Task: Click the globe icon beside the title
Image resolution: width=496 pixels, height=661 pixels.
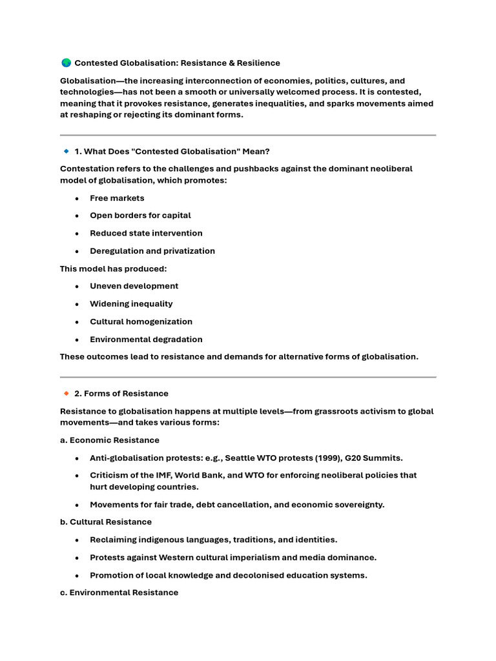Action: click(x=66, y=63)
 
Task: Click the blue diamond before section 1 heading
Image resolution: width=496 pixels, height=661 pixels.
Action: click(x=66, y=151)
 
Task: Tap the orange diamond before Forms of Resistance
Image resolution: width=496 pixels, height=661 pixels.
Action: click(x=66, y=393)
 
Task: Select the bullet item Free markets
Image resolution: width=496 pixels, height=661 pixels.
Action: click(x=117, y=198)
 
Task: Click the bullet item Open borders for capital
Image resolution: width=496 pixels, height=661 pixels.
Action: click(x=140, y=216)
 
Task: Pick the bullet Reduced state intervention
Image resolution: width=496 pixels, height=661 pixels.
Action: click(x=146, y=233)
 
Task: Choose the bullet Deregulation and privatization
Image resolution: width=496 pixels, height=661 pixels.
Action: click(x=152, y=251)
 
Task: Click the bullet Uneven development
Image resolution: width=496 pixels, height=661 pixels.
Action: click(x=134, y=286)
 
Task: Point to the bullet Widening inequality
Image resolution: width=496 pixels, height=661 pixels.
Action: click(x=131, y=304)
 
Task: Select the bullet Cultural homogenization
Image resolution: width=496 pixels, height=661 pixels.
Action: click(x=141, y=321)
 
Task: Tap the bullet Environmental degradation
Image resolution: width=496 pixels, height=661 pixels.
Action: click(x=146, y=340)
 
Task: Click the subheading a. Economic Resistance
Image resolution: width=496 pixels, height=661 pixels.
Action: click(x=110, y=440)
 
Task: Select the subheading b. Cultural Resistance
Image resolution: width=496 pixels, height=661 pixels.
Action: click(x=106, y=522)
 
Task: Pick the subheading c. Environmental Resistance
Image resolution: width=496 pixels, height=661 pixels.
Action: click(x=119, y=593)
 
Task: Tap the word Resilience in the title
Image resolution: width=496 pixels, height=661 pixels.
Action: click(x=257, y=63)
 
